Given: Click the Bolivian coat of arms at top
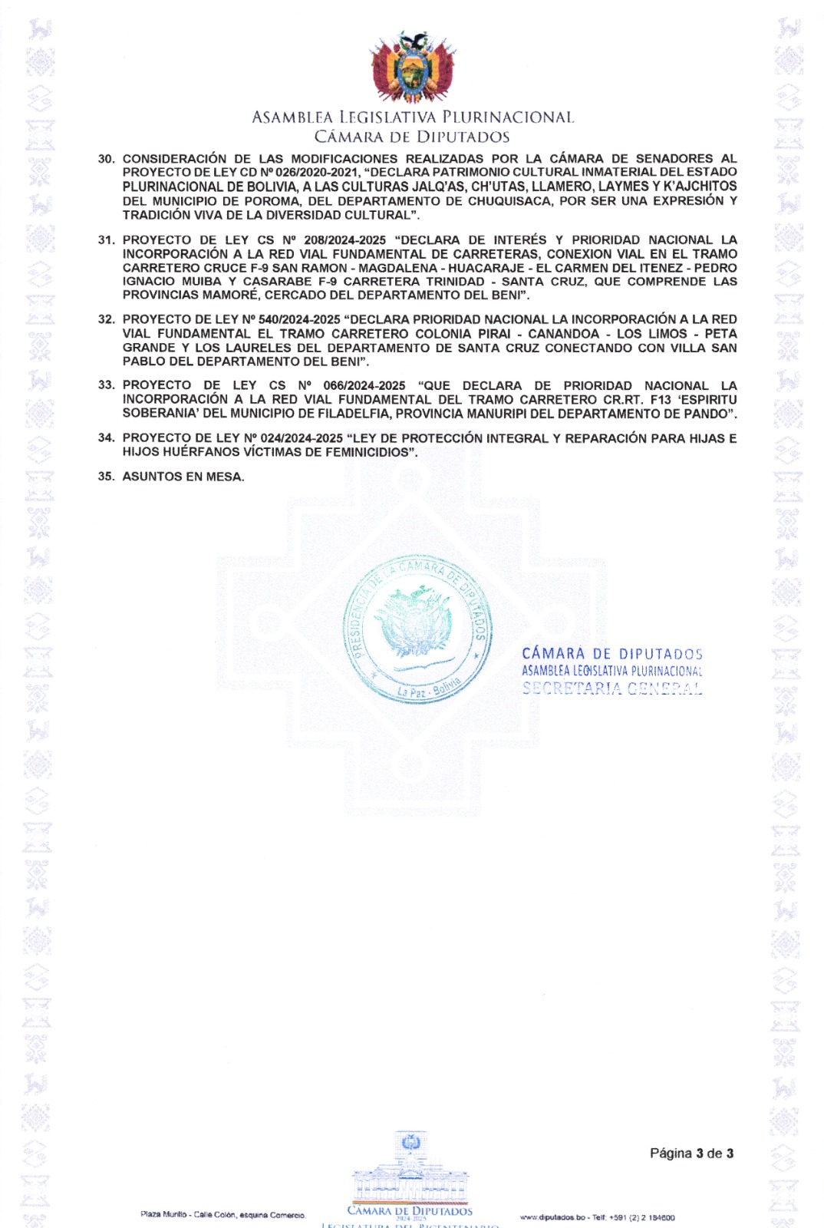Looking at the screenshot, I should (x=412, y=67).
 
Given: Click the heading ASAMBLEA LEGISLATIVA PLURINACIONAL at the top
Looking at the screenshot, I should (x=412, y=117).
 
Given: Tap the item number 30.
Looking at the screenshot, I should (x=106, y=159).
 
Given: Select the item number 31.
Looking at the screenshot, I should (x=106, y=240).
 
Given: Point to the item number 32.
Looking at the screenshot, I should (x=106, y=319).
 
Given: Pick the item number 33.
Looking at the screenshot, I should (x=106, y=385).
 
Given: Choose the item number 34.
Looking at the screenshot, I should (x=106, y=438).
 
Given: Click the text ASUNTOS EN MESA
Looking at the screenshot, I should (x=183, y=477).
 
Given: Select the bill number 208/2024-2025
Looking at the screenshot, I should (x=344, y=240).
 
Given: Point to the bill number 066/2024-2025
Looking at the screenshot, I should (x=364, y=385).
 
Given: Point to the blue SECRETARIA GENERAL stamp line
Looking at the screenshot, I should (x=611, y=688).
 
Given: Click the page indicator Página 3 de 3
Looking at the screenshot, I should (x=691, y=1154).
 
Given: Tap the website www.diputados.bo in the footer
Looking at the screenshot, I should (x=552, y=1217).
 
